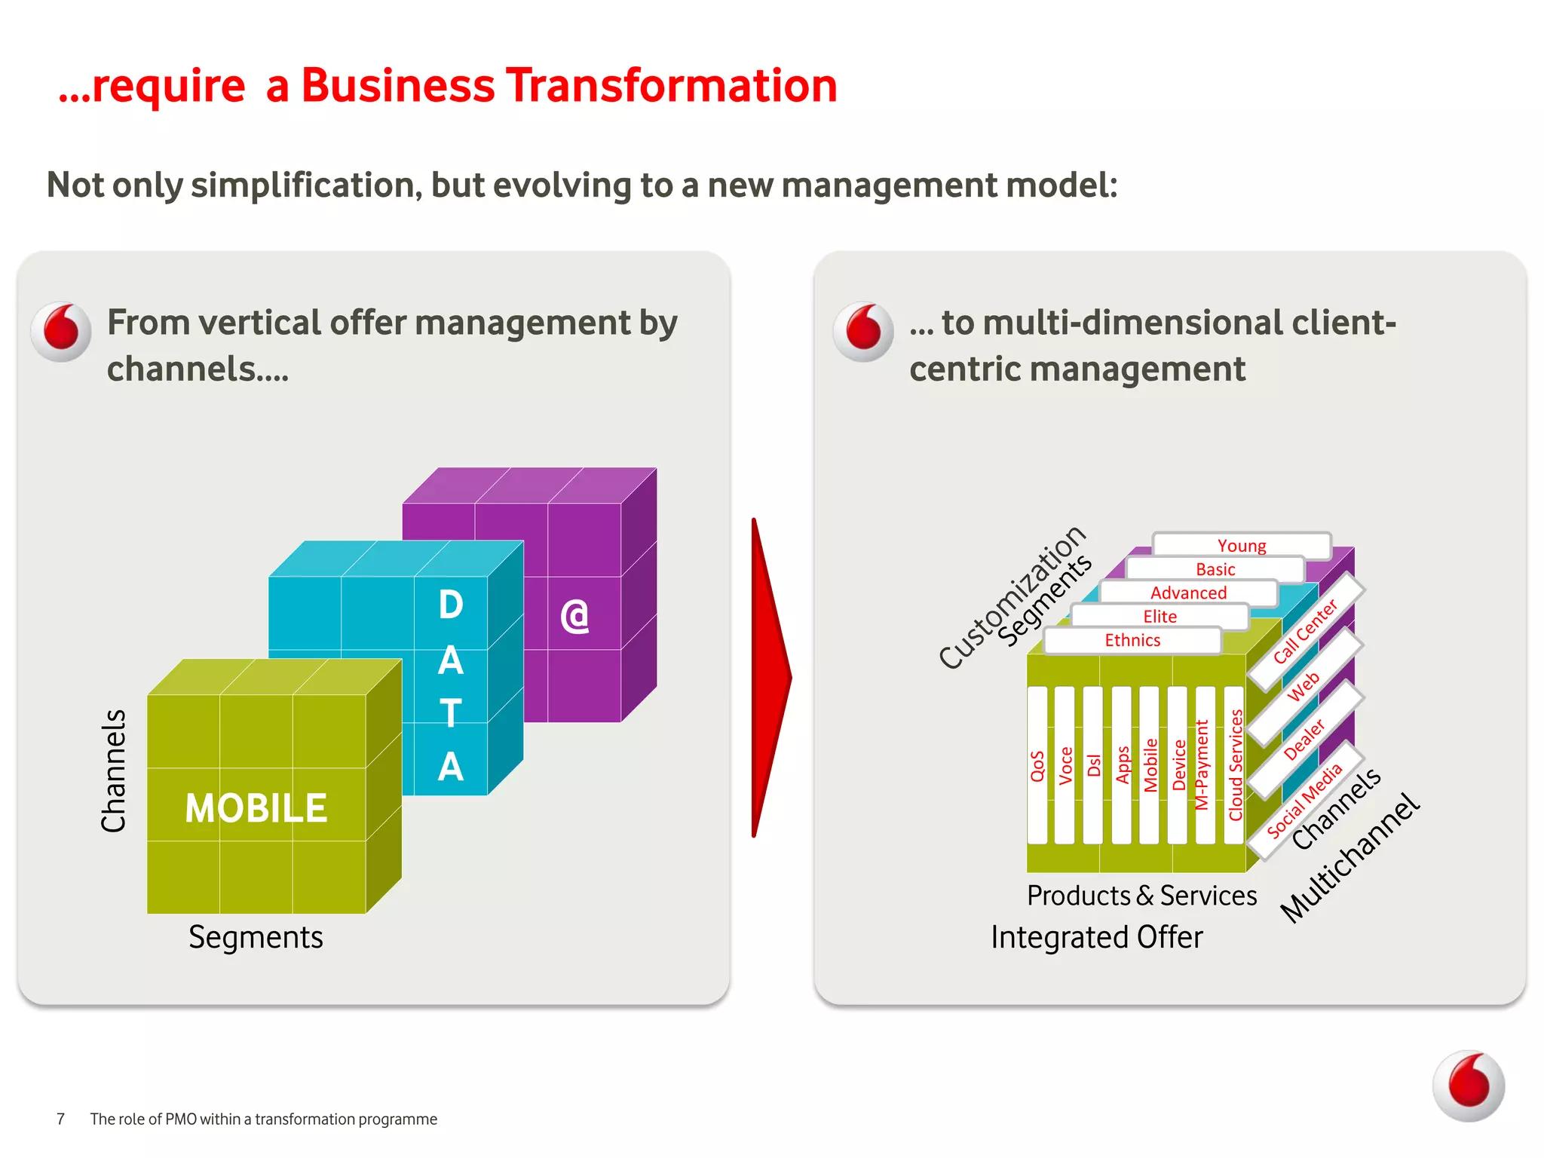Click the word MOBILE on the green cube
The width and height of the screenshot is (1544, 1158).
tap(256, 808)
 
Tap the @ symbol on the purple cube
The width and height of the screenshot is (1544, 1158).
tap(574, 616)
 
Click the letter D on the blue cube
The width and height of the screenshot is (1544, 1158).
tap(451, 605)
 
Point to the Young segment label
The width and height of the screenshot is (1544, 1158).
tap(1241, 545)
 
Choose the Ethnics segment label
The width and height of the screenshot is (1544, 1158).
tap(1132, 640)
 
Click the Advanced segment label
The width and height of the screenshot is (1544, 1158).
tap(1188, 593)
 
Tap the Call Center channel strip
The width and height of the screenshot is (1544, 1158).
tap(1305, 631)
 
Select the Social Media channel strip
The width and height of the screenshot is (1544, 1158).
tap(1304, 801)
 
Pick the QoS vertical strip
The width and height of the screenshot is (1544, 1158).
tap(1037, 765)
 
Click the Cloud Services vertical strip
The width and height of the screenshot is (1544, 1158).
tap(1235, 765)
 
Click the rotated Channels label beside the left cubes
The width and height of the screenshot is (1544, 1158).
tap(114, 770)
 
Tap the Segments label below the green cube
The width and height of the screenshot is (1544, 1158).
tap(256, 937)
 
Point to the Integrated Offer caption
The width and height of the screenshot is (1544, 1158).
tap(1096, 937)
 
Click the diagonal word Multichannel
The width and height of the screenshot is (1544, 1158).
tap(1350, 858)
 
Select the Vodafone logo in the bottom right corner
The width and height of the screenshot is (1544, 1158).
tap(1468, 1086)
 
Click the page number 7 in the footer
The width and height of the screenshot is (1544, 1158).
tap(61, 1119)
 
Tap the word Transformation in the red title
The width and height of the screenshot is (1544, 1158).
tap(671, 85)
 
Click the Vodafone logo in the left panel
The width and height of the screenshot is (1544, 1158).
tap(62, 332)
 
